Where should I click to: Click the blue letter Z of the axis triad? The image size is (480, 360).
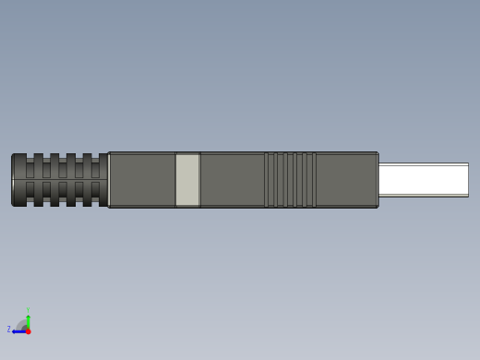[x=9, y=329]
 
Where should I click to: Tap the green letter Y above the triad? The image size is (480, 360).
[x=28, y=310]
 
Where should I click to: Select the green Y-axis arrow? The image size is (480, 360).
[x=28, y=321]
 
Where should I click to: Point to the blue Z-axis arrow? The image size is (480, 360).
[x=18, y=331]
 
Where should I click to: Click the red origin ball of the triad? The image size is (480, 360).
[x=28, y=331]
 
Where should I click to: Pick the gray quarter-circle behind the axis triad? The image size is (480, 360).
[x=22, y=325]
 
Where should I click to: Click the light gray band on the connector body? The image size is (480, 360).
[x=187, y=180]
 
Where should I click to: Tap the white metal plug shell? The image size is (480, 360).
[x=423, y=180]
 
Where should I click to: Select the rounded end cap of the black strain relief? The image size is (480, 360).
[x=18, y=180]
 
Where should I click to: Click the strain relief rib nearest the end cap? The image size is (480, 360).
[x=38, y=180]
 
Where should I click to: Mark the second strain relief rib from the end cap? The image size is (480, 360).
[x=54, y=180]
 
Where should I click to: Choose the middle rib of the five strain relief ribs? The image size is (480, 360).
[x=71, y=180]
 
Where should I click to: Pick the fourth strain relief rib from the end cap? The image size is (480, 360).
[x=87, y=180]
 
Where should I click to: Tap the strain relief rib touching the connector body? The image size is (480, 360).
[x=102, y=180]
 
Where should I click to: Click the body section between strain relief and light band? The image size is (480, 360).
[x=142, y=180]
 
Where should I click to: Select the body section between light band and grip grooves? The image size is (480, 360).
[x=232, y=180]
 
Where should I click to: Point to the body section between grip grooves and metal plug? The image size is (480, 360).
[x=346, y=180]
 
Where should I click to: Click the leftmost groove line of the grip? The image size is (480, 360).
[x=266, y=180]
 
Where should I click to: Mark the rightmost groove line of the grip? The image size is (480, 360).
[x=315, y=180]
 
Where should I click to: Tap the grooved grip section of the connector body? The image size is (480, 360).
[x=290, y=180]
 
